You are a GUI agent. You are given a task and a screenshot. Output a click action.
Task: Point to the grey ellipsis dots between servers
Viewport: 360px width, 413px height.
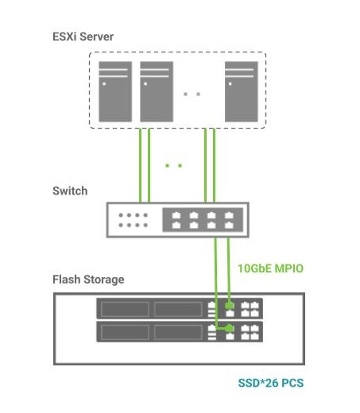pos(191,94)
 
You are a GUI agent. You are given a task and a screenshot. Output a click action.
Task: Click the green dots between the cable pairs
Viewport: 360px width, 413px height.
pos(173,165)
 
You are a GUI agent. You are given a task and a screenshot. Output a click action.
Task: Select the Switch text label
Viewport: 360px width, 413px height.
pos(69,191)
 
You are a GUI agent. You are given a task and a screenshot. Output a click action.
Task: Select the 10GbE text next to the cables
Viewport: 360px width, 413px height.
pos(254,268)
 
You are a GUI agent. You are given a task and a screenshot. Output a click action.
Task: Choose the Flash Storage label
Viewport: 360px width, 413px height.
pos(88,280)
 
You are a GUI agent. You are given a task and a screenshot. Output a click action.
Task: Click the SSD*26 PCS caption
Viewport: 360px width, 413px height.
pos(270,383)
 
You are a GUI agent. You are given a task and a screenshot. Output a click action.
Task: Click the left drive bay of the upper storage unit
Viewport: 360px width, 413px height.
pos(123,308)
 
